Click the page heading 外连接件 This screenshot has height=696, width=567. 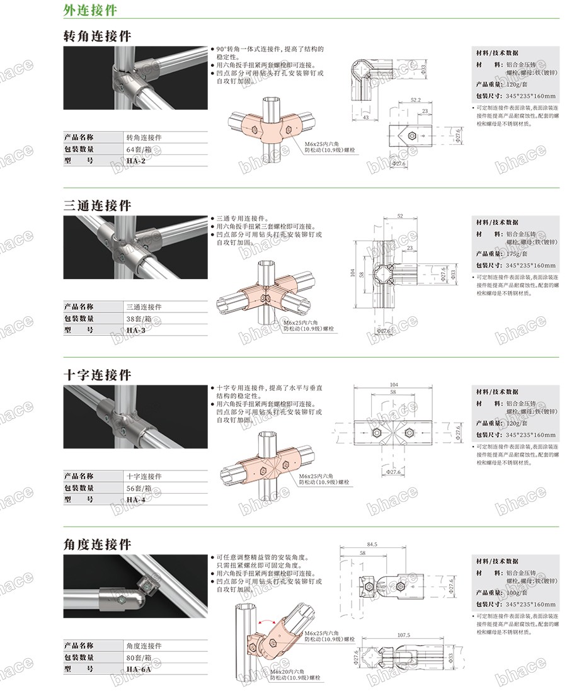(x=89, y=11)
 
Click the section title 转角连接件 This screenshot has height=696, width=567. (x=97, y=36)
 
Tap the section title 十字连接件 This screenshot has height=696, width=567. (x=97, y=375)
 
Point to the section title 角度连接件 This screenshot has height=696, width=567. (x=97, y=544)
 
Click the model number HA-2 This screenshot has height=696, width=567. (x=135, y=161)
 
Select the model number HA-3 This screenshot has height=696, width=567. (x=135, y=329)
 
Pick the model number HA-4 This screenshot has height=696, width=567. (x=135, y=499)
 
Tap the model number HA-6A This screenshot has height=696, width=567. (x=138, y=669)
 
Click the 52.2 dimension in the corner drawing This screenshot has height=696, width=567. (x=415, y=100)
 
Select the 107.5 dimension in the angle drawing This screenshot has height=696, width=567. (x=404, y=635)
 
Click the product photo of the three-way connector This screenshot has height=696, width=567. (x=135, y=248)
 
